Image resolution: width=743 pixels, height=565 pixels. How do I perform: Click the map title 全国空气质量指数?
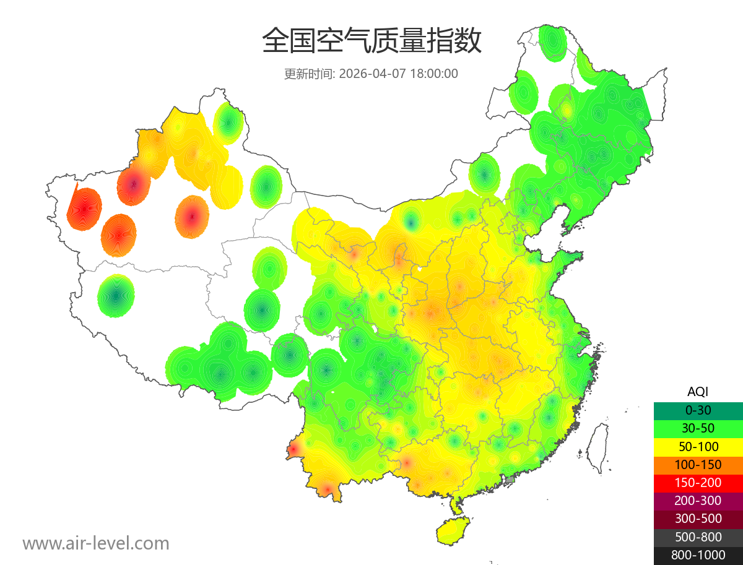coord(371,42)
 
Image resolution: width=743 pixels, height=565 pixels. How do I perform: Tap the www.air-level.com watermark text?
coord(96,543)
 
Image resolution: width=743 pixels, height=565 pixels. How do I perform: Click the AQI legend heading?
coord(698,392)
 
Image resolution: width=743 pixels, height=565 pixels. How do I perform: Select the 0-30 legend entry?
coord(698,410)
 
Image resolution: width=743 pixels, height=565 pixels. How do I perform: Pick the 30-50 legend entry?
coord(698,428)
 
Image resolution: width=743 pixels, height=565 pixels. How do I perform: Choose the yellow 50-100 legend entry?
coord(698,446)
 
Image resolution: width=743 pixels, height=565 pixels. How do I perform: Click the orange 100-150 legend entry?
coord(698,464)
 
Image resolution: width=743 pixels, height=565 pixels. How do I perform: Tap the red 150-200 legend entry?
coord(698,483)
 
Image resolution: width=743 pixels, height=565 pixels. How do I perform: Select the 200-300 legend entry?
coord(698,501)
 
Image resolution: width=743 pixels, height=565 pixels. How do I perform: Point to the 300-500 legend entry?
coord(698,519)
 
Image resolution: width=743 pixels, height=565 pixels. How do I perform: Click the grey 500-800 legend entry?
coord(698,537)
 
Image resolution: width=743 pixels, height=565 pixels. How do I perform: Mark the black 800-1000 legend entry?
coord(698,555)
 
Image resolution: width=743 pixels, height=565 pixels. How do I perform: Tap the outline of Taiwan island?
coord(597,448)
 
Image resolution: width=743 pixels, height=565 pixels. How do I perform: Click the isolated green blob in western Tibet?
coord(116,296)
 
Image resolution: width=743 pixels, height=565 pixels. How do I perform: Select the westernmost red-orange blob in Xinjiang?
coord(84,209)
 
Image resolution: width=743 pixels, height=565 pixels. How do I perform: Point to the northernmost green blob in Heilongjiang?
coord(552,42)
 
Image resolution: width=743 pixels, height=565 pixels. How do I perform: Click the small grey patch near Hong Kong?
coord(510,480)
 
